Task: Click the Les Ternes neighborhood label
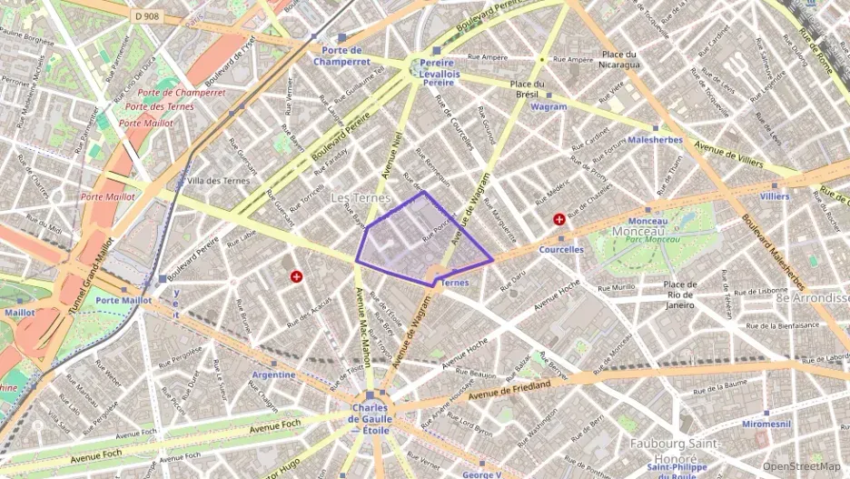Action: coord(361,197)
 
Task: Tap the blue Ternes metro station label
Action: coord(453,283)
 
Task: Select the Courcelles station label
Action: coord(560,250)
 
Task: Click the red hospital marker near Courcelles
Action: coord(559,218)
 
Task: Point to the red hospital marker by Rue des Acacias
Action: coord(295,275)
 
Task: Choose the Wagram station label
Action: coord(549,106)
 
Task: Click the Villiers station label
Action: coord(775,196)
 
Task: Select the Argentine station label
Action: coord(272,374)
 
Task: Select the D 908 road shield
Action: coord(145,15)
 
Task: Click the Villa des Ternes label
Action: coord(217,181)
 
